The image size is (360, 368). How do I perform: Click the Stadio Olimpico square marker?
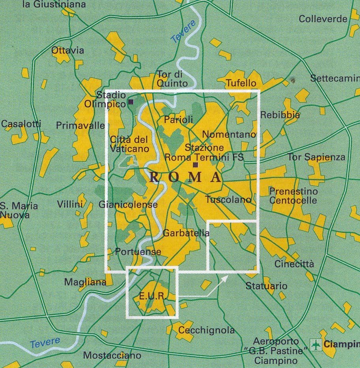131,103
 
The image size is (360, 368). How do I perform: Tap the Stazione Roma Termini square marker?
195,165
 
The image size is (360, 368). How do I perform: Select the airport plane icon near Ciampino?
315,344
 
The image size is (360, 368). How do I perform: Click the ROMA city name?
185,177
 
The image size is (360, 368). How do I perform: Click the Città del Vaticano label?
129,144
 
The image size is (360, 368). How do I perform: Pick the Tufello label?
241,83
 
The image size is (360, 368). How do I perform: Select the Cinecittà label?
294,264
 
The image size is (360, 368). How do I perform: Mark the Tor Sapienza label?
316,157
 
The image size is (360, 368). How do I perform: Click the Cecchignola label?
206,330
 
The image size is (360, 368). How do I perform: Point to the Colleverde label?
323,19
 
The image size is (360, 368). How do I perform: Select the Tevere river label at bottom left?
45,342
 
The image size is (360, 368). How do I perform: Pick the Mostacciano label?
112,355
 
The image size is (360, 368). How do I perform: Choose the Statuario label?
266,285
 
